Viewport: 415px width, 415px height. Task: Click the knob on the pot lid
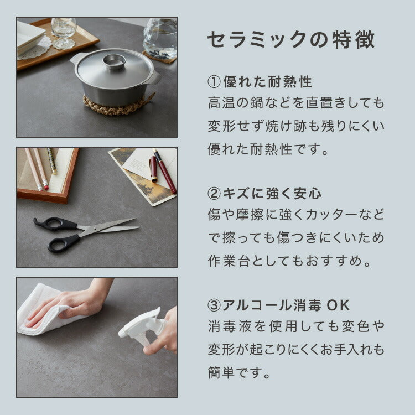[x=114, y=61]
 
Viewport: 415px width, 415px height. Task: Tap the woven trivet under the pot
[x=118, y=105]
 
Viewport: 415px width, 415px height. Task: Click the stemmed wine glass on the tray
[x=64, y=33]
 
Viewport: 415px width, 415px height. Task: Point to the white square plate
[x=30, y=37]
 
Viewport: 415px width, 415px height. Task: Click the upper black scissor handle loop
[x=55, y=224]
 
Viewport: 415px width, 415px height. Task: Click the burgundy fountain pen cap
[x=153, y=169]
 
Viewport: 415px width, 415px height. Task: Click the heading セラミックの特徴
[x=291, y=39]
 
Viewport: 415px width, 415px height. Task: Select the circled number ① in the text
[x=214, y=82]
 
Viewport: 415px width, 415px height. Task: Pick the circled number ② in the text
[x=214, y=194]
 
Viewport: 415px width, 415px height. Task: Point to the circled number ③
[x=214, y=305]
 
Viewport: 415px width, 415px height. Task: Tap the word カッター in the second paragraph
[x=331, y=214]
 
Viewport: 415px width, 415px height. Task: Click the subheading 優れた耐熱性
[x=268, y=82]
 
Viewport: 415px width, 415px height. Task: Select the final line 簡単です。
[x=239, y=372]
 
